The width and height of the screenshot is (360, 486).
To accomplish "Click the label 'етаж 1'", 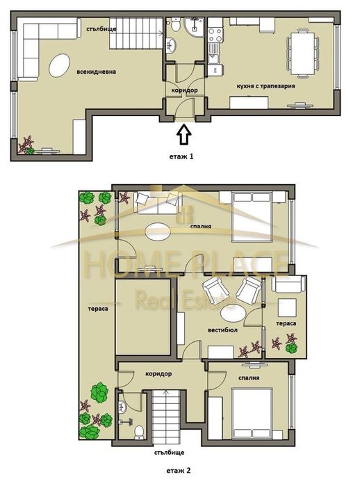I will pyautogui.click(x=181, y=156).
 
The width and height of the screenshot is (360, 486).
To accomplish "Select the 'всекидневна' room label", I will pyautogui.click(x=97, y=71).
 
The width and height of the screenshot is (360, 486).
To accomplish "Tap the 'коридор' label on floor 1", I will pyautogui.click(x=183, y=91).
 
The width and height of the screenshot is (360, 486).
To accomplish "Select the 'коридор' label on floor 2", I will pyautogui.click(x=159, y=373).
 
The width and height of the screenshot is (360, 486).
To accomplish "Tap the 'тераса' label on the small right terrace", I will pyautogui.click(x=286, y=324).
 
